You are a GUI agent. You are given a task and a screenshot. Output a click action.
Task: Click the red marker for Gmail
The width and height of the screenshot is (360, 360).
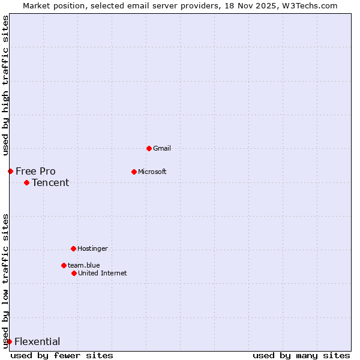pos(149,148)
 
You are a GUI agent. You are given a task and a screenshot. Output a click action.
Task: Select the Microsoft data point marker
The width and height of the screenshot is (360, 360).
pos(134,172)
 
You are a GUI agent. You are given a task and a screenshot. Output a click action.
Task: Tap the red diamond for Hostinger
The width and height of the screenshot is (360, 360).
pos(73,248)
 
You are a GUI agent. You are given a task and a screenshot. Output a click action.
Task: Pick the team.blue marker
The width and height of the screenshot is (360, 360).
pos(64,265)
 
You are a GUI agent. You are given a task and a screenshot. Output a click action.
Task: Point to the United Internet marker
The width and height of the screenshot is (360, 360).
pos(74,273)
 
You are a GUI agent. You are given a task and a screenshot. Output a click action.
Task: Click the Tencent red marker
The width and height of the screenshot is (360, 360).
pos(26,182)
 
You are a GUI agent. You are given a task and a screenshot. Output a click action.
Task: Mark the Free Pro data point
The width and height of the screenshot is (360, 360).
pos(10,171)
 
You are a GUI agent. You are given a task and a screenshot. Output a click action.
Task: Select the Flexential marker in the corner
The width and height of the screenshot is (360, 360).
pos(9,341)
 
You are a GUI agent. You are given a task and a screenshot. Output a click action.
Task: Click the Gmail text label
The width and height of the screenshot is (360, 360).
pos(162,148)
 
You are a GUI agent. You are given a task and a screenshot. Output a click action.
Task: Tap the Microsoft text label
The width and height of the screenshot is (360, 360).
pos(152,172)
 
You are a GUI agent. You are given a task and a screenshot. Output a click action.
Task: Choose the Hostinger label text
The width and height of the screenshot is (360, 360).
pos(92,248)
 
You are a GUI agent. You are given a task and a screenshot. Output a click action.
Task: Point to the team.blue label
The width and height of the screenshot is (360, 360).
pos(84,265)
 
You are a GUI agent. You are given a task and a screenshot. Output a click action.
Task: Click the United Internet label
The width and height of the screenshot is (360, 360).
pos(103,273)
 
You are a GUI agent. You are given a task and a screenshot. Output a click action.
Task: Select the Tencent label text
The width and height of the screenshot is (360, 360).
pos(50,182)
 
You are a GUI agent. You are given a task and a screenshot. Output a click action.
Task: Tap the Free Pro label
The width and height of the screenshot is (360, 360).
pos(35,171)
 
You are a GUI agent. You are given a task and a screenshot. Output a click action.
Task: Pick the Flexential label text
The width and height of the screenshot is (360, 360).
pos(37,341)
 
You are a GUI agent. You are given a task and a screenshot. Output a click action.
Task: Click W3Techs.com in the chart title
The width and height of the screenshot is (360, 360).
pos(310,5)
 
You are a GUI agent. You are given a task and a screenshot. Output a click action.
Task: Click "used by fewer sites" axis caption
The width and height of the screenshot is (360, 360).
pos(62,355)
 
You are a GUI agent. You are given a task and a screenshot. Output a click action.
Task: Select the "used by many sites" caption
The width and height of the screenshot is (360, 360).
pos(301,355)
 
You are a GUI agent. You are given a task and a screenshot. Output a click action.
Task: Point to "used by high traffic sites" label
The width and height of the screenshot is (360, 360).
pos(5,85)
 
